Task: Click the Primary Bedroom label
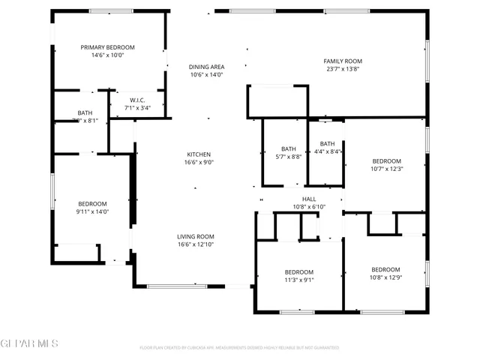coord(107,46)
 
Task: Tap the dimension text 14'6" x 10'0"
coord(107,55)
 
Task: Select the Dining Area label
coord(206,67)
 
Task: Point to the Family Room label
coord(343,61)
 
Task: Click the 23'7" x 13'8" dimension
coord(343,69)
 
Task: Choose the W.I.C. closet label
coord(137,100)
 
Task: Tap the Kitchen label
coord(199,154)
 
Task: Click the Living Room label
coord(196,235)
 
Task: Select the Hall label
coord(309,199)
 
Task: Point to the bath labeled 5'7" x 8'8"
coord(289,148)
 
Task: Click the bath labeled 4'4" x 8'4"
coord(327,144)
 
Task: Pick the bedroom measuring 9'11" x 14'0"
coord(93,203)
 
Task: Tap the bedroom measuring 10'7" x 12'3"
coord(387,161)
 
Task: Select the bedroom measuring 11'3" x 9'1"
coord(298,271)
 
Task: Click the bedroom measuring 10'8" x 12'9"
coord(385,269)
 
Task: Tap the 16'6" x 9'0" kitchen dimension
coord(199,163)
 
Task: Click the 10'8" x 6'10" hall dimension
coord(309,207)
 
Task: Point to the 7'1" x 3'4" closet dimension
coord(137,108)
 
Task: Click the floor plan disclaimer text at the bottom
coord(239,348)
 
